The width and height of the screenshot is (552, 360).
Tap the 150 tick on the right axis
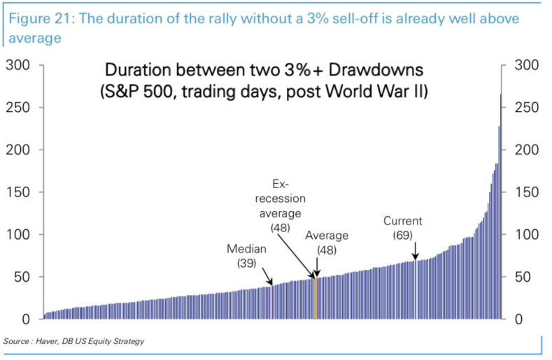coord(527,192)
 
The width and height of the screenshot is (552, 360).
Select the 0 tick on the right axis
coord(518,319)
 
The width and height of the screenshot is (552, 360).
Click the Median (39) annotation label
coord(241,256)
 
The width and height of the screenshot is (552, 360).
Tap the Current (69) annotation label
coord(402,228)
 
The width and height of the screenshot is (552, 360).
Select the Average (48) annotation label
coord(327,242)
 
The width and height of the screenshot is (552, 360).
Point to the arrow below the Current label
coord(415,250)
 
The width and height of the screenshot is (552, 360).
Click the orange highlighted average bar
coord(316,298)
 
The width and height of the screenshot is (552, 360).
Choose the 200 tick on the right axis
coord(527,150)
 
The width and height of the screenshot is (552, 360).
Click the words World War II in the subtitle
coord(379,92)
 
